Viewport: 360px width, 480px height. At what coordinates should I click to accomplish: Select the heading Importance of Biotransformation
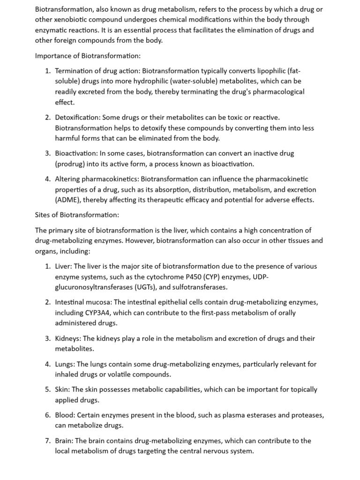88,56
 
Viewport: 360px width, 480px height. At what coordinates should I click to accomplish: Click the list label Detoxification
77,117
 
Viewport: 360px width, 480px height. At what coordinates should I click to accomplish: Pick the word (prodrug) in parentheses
72,164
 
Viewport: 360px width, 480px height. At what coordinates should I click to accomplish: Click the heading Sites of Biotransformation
77,215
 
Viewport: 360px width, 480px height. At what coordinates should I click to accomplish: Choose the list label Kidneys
67,338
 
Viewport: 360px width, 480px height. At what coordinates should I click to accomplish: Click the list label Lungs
65,364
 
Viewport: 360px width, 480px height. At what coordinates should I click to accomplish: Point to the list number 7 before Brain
48,441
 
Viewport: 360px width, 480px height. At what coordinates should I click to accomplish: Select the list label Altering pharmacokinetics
97,179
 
